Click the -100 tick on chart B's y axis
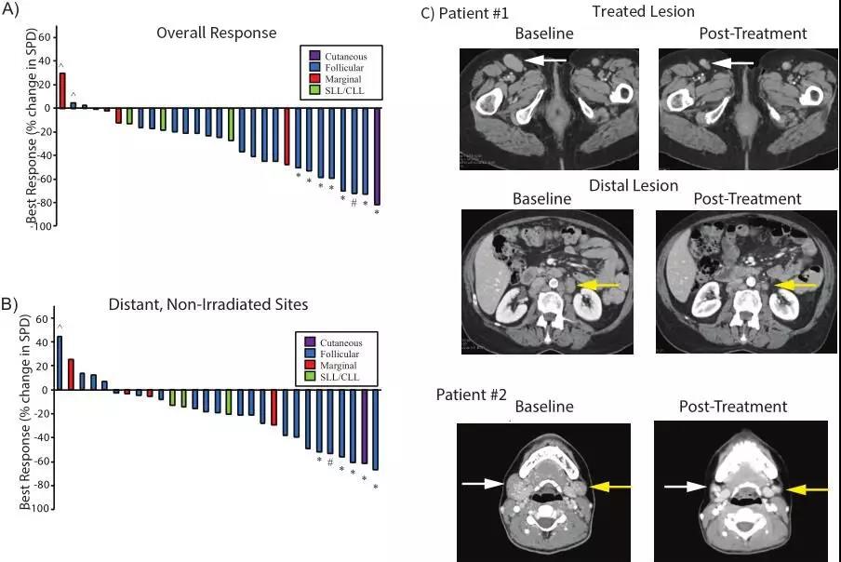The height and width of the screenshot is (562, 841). coord(39,510)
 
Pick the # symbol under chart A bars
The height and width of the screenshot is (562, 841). coord(354,204)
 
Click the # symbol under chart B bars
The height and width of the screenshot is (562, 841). coord(330,462)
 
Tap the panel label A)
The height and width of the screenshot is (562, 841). coord(18,11)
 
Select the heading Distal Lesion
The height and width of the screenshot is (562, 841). coord(633,185)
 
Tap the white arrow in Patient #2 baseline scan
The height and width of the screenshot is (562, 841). coord(481,484)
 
